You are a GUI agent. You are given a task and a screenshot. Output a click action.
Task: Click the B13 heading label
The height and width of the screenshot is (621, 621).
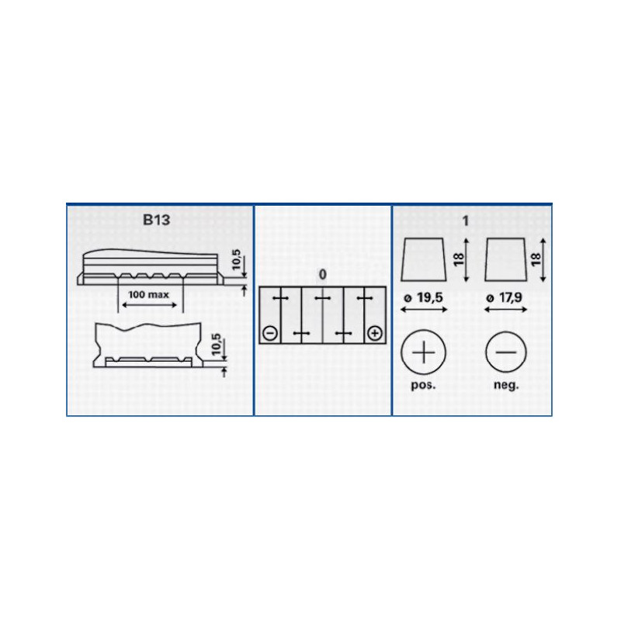coord(157,220)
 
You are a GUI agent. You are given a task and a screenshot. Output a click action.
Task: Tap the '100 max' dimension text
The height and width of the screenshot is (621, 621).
coord(148,295)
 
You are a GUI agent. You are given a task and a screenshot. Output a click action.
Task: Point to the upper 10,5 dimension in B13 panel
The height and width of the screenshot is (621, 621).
coord(237,259)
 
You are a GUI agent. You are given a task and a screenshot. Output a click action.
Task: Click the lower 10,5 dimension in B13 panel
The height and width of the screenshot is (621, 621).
coord(217,344)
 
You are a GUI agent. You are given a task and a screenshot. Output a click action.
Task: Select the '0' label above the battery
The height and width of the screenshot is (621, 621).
coord(323,275)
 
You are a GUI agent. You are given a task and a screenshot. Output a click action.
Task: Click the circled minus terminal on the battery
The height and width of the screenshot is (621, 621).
coord(270,333)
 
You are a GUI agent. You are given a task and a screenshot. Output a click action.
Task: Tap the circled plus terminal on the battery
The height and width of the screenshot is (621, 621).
coord(375,333)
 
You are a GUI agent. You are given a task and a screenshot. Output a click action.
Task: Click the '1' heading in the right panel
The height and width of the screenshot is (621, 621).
coord(466,220)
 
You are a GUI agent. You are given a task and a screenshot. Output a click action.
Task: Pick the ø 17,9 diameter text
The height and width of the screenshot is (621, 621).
coord(504,297)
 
